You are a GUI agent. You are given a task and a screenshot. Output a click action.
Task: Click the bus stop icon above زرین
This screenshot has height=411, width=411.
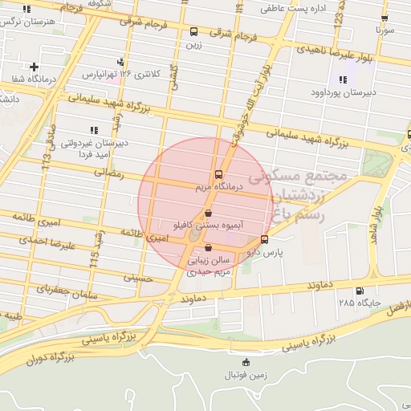193,32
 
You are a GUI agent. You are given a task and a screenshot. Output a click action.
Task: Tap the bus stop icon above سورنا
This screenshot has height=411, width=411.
385,18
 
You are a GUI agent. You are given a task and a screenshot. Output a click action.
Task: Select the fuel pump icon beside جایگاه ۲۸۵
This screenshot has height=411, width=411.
359,291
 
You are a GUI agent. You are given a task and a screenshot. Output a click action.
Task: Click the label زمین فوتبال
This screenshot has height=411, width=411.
242,375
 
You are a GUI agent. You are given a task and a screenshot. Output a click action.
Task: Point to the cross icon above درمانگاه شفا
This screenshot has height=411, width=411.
34,67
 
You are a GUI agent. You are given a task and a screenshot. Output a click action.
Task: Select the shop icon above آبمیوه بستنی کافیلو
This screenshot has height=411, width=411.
209,214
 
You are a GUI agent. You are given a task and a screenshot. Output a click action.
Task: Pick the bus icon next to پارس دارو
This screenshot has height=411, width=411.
264,239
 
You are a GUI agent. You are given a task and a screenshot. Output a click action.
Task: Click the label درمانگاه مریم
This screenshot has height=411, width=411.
215,187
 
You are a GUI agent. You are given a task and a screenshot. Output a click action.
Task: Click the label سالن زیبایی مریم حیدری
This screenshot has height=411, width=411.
210,267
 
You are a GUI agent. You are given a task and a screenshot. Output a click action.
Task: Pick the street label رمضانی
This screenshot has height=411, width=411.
108,173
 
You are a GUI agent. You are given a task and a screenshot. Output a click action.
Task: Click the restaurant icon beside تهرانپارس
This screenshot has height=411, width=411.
120,61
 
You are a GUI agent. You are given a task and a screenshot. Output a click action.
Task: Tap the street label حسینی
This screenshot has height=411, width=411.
137,277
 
